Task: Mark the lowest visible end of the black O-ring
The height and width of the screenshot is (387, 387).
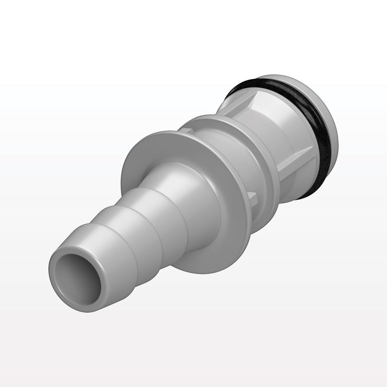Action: click(x=306, y=195)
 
